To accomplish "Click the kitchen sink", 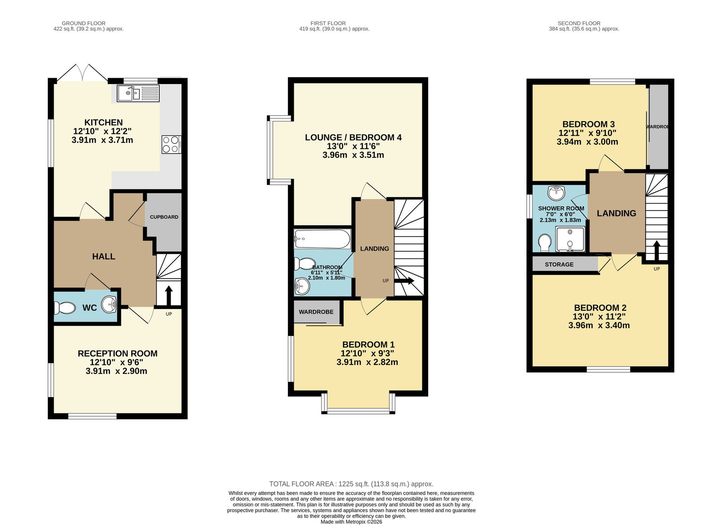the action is coord(138,93).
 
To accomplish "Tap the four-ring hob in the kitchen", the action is coord(171,145).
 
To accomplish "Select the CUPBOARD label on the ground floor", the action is coord(164,217).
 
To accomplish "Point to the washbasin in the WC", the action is coord(109,304).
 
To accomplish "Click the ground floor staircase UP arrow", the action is coord(169,295).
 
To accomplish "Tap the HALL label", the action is coord(103,257).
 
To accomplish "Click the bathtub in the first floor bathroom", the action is coord(322,239).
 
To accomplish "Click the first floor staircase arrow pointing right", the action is coord(404,281).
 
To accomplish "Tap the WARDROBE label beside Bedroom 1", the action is coord(316,312).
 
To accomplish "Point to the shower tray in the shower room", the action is coord(570,239).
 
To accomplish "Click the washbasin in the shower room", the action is coord(556,193).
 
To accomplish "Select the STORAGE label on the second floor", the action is coord(559,265).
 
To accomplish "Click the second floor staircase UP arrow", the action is coord(657,250).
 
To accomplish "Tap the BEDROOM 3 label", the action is coord(588,124).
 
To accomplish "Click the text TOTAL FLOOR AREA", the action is coord(301,484).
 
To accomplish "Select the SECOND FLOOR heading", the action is coord(579,23).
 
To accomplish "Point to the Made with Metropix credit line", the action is coord(352,522).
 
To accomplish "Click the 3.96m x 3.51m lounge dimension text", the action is coord(353,155).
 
